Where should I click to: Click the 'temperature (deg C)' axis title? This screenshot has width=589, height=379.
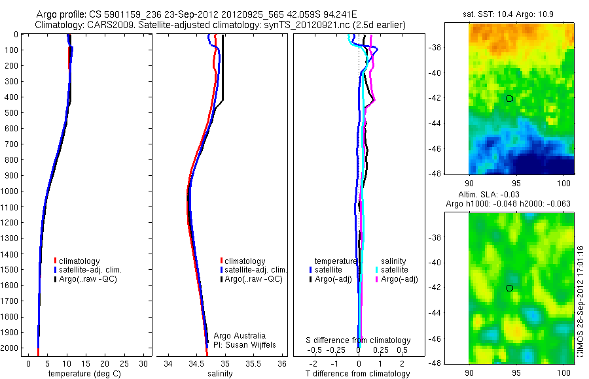click(x=82, y=374)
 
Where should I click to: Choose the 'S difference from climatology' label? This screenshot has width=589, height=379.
click(x=359, y=340)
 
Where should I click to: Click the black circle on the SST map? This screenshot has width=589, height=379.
click(x=509, y=98)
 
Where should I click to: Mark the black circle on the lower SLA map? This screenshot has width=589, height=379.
click(x=509, y=288)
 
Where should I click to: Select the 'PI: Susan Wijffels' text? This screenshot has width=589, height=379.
click(x=246, y=344)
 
